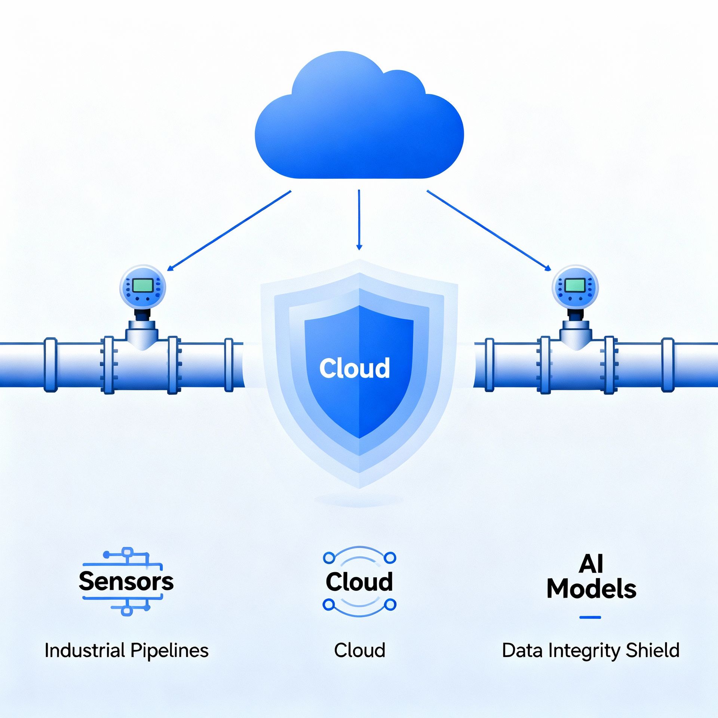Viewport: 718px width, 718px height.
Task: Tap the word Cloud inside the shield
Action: (x=355, y=368)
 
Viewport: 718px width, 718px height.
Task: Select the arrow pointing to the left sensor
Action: (x=229, y=231)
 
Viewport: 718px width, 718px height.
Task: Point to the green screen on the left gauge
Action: (x=142, y=286)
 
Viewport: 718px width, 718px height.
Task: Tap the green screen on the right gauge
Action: (x=575, y=286)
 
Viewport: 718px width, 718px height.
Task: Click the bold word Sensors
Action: (x=126, y=582)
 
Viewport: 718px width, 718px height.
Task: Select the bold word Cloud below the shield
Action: (x=359, y=582)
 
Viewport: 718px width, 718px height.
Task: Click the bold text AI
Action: (x=591, y=564)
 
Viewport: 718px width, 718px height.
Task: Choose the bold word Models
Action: (x=591, y=589)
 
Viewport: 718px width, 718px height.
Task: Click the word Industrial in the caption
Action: (x=85, y=650)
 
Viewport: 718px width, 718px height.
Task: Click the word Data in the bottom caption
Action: (x=523, y=650)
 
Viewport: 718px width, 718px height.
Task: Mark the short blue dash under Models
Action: (x=590, y=617)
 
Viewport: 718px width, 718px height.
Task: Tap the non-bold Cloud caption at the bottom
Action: (x=359, y=650)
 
